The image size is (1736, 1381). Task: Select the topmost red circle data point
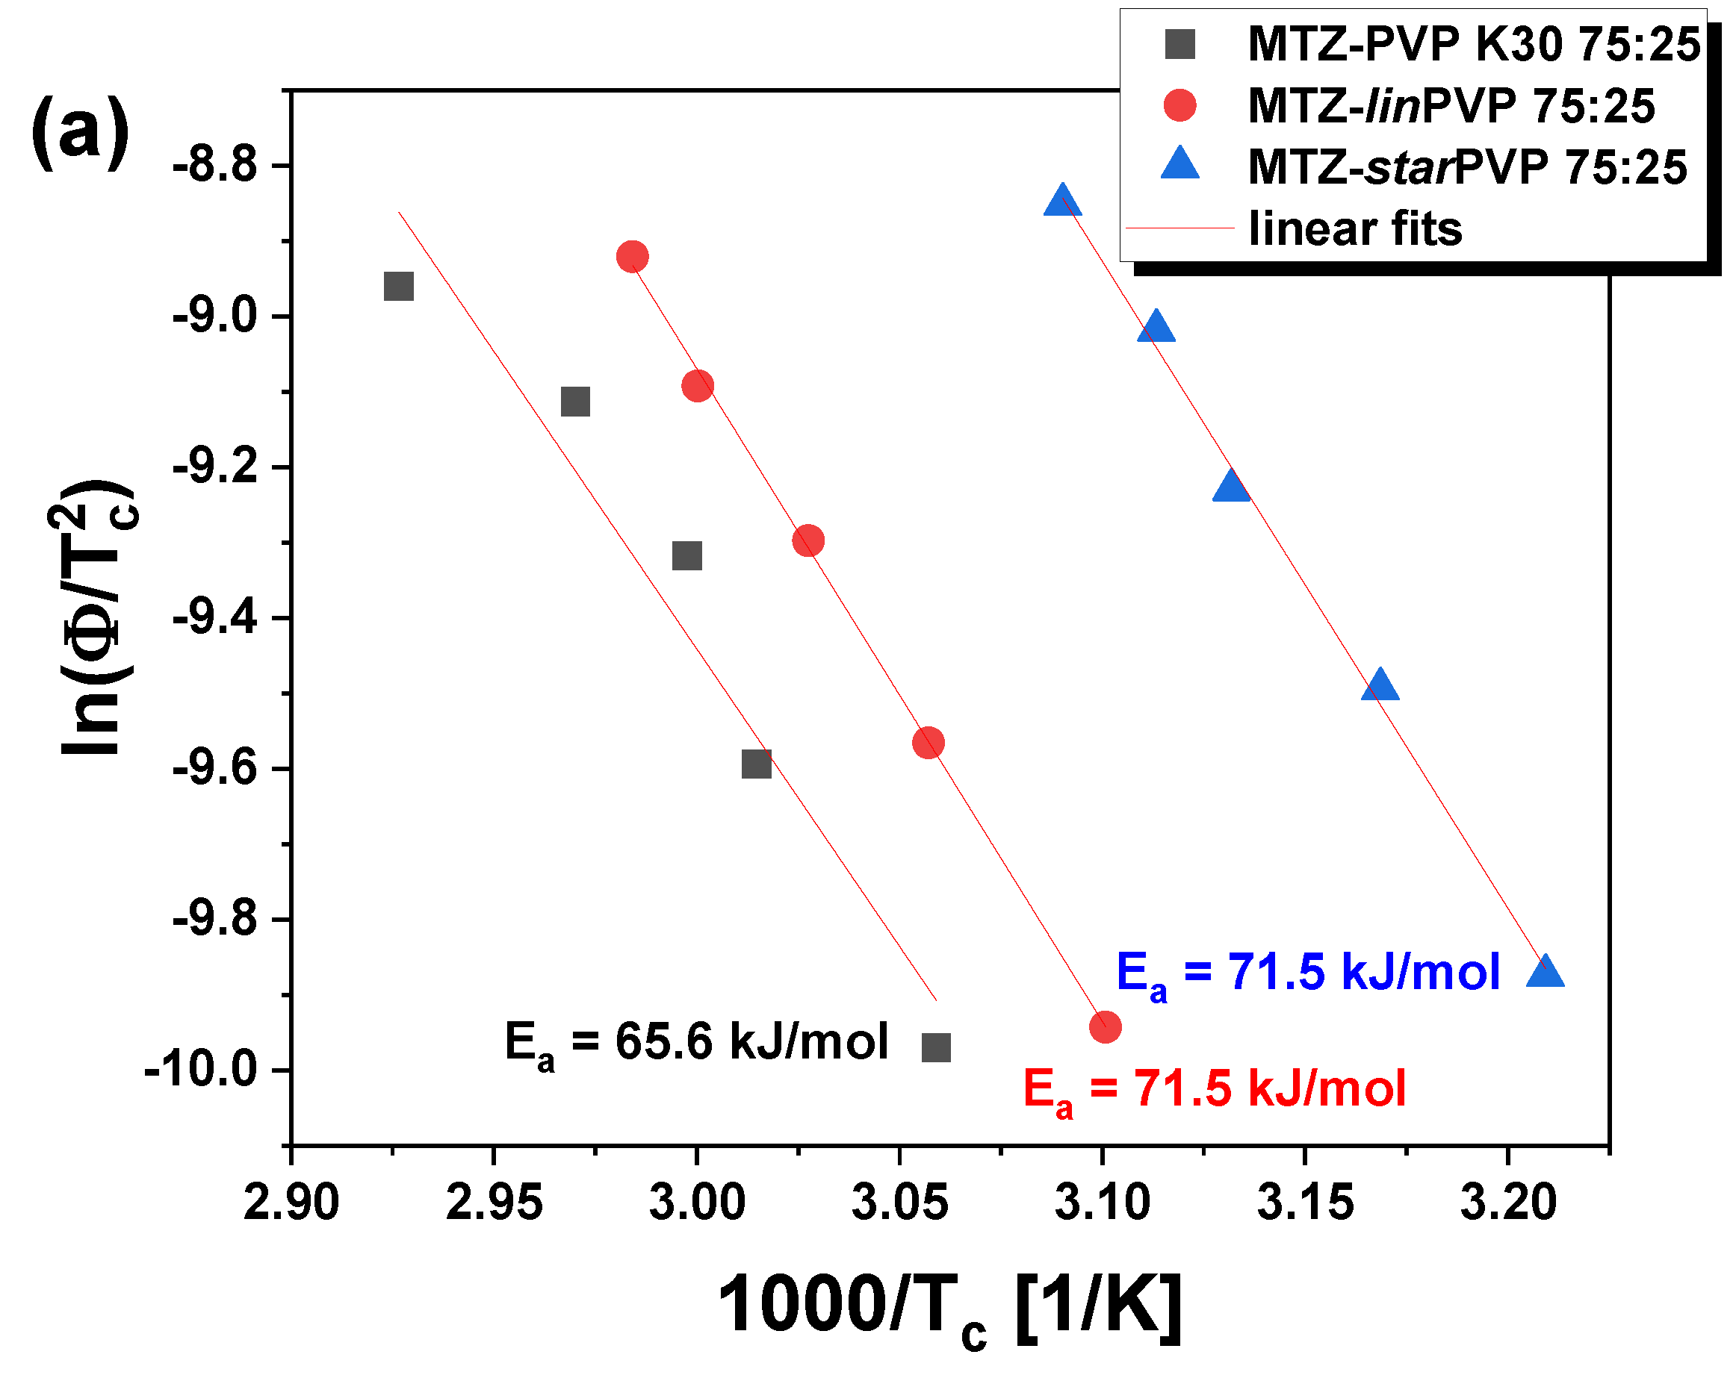click(632, 257)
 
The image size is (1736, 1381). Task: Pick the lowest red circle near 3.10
click(1105, 1027)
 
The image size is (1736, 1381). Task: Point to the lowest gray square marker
click(936, 1048)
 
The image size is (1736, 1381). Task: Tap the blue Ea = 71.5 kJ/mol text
click(1308, 973)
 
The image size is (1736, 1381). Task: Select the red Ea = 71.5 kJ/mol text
click(1215, 1090)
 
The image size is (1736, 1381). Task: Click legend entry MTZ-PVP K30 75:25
click(1473, 44)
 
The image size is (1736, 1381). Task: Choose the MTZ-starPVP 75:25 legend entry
click(1466, 167)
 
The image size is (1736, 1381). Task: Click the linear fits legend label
click(1355, 228)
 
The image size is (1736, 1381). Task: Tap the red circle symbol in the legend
click(1179, 105)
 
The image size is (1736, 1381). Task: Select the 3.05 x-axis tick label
click(899, 1203)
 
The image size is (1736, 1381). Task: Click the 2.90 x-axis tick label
click(291, 1203)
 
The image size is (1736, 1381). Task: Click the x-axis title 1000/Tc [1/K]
click(950, 1306)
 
